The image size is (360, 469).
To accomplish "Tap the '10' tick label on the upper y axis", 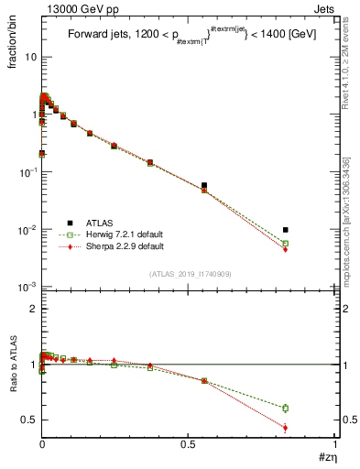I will tap(30, 57).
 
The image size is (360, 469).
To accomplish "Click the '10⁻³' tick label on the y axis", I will tap(28, 288).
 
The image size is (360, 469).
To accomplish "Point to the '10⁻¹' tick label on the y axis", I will tap(28, 172).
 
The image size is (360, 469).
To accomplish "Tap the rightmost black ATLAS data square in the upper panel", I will tap(286, 230).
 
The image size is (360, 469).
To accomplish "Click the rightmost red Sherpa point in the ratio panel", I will tap(286, 428).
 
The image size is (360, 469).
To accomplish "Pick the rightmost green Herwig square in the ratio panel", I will tap(286, 408).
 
